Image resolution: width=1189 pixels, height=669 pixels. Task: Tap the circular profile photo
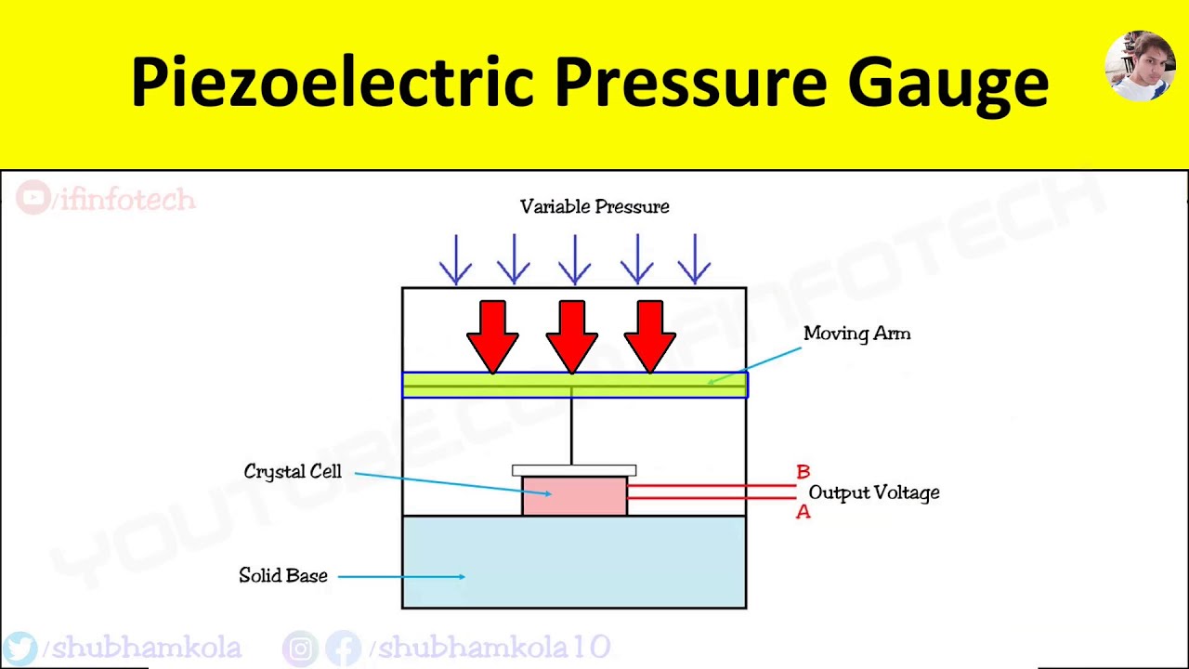[1140, 66]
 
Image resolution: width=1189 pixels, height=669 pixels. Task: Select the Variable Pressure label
[594, 206]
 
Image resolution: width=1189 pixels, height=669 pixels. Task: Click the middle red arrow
[572, 334]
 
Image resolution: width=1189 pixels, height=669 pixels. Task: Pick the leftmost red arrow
[492, 334]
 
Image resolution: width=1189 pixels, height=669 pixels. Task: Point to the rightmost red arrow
[650, 334]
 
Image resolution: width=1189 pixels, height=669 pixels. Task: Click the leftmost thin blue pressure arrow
[456, 259]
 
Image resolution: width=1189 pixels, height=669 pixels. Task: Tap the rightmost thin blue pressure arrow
[695, 259]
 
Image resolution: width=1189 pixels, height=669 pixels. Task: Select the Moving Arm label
[856, 334]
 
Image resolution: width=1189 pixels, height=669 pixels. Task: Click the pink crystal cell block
[574, 495]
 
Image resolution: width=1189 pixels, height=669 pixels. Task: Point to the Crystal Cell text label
[293, 472]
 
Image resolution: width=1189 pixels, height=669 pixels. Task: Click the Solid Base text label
[283, 576]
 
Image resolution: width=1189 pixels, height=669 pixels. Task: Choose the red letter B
[804, 473]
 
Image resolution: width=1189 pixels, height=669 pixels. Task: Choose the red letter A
[804, 512]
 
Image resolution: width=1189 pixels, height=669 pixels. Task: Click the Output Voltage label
[874, 492]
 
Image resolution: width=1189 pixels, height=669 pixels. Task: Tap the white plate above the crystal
[574, 470]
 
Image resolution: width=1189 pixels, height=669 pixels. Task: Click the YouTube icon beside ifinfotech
[33, 198]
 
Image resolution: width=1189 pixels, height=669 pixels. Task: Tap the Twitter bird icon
[20, 648]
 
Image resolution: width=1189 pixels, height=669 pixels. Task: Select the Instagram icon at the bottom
[300, 648]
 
